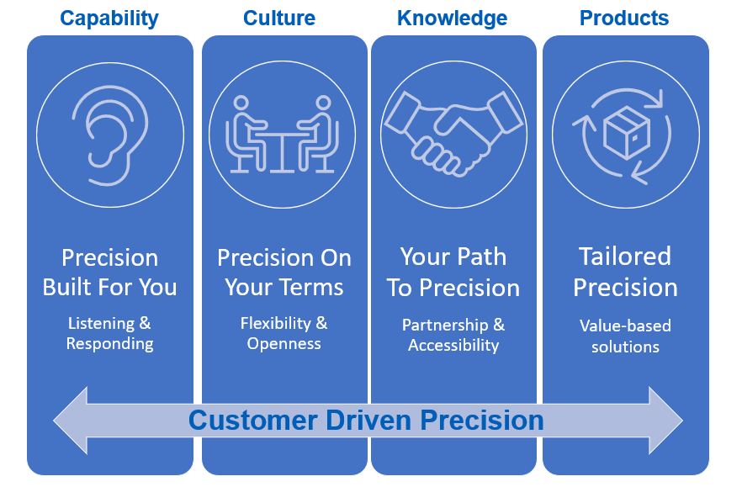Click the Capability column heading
(109, 19)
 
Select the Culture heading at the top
(279, 19)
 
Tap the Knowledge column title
(452, 19)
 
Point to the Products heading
(624, 19)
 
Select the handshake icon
(453, 134)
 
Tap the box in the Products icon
(627, 133)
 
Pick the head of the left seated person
(241, 103)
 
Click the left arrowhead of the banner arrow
(71, 421)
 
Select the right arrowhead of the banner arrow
(665, 421)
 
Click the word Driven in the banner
(368, 421)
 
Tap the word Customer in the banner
(253, 421)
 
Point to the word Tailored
(625, 257)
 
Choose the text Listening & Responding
(109, 333)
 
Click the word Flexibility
(275, 324)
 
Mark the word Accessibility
(453, 346)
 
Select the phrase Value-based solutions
(625, 336)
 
